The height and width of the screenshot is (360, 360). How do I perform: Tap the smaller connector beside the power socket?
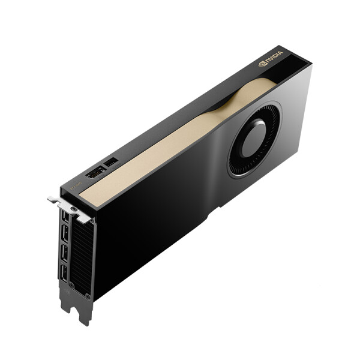click(x=111, y=163)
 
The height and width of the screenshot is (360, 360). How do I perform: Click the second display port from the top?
click(x=64, y=236)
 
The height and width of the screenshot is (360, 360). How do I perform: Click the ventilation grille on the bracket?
click(x=81, y=252)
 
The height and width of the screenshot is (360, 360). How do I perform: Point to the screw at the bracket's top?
click(x=74, y=210)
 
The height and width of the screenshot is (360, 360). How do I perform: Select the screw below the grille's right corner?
click(x=88, y=296)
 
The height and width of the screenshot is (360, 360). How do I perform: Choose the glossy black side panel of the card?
click(x=156, y=228)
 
